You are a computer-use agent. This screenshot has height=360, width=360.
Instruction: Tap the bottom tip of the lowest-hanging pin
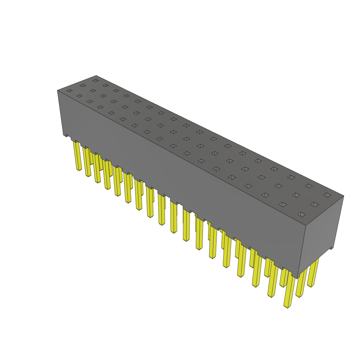pos(288,307)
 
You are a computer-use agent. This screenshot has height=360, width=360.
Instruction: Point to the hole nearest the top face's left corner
pos(70,91)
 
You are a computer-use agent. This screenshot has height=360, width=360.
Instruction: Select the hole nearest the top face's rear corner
pos(95,81)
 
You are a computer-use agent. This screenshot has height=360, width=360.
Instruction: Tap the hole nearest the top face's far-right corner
pos(327,195)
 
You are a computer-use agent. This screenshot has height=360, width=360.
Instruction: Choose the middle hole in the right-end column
pos(315,204)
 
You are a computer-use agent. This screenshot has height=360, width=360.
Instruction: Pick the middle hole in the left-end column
pos(83,85)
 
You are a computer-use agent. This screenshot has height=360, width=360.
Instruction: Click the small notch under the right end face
pos(331,248)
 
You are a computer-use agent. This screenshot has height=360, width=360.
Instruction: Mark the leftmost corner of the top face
pos(57,90)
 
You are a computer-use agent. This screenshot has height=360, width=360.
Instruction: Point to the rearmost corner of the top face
pos(96,75)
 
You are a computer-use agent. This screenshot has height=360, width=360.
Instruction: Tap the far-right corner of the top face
pos(343,196)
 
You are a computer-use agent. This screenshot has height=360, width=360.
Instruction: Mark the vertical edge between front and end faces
pos(302,251)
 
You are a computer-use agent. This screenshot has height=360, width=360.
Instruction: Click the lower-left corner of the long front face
pos(64,135)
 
